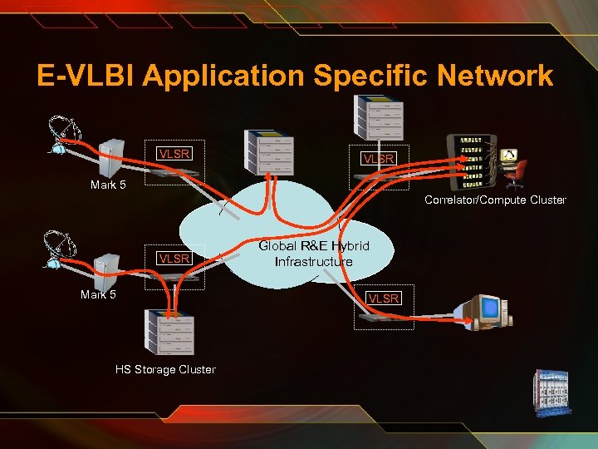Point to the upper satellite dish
64,134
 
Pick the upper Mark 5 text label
108,185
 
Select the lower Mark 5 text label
98,294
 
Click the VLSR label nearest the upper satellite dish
174,153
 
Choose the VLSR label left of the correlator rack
378,158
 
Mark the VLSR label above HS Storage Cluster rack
174,259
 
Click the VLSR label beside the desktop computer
384,298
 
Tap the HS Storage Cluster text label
165,369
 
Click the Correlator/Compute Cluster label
495,200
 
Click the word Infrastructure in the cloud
313,262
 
